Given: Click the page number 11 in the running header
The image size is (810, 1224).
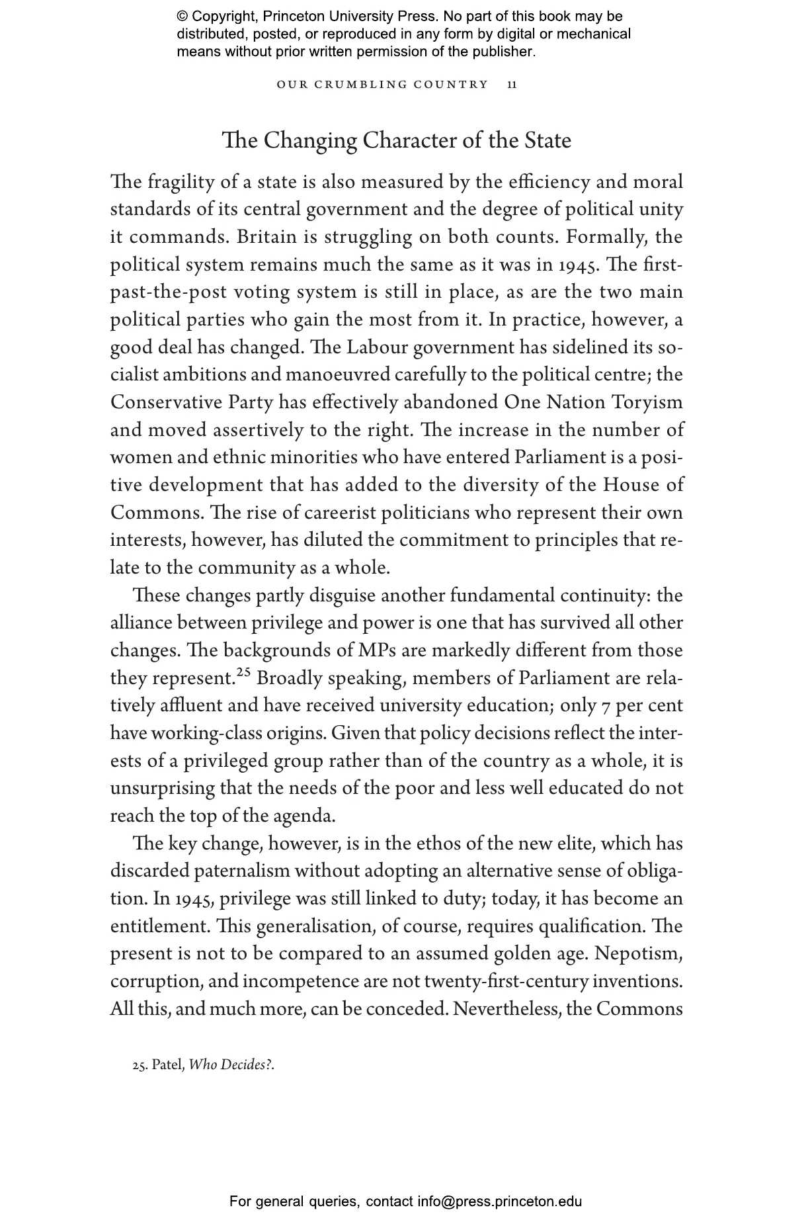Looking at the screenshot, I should [x=512, y=85].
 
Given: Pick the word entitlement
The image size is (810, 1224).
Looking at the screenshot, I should [x=159, y=926].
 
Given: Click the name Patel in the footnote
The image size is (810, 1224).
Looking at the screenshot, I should [x=167, y=1065].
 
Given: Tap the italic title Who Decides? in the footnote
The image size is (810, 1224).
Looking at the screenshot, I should [x=231, y=1065].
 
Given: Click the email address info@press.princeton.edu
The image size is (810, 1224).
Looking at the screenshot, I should [x=499, y=1201].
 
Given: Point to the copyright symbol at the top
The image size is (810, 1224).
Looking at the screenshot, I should [x=182, y=17].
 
